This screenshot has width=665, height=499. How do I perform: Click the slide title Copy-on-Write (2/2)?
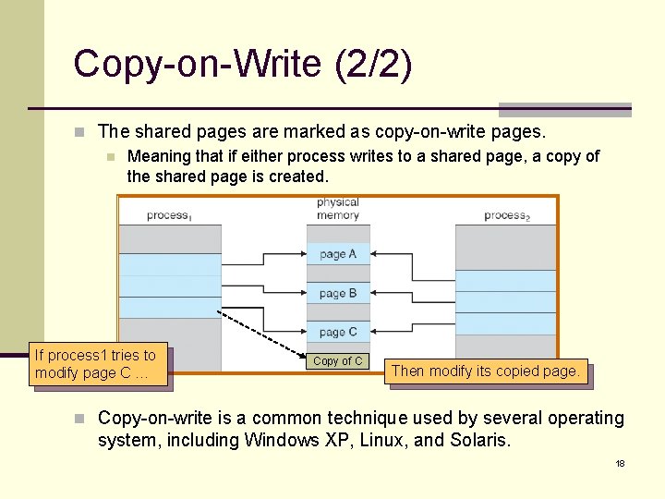click(x=243, y=65)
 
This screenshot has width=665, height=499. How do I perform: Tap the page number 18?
click(x=620, y=463)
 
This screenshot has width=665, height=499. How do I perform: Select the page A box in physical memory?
click(x=338, y=254)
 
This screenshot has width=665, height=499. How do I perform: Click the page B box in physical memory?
click(x=338, y=294)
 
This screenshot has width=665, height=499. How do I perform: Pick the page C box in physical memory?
click(x=338, y=332)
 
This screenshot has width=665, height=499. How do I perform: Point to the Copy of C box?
click(x=338, y=361)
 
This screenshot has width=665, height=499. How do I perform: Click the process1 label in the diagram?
click(x=169, y=215)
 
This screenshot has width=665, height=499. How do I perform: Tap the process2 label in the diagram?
click(x=506, y=215)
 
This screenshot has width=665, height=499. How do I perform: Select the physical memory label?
click(x=338, y=209)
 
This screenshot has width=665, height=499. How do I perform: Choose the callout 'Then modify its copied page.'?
click(x=486, y=371)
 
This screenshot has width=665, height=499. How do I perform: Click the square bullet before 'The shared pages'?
click(x=80, y=132)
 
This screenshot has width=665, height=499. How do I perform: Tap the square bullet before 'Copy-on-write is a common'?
click(x=80, y=419)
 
